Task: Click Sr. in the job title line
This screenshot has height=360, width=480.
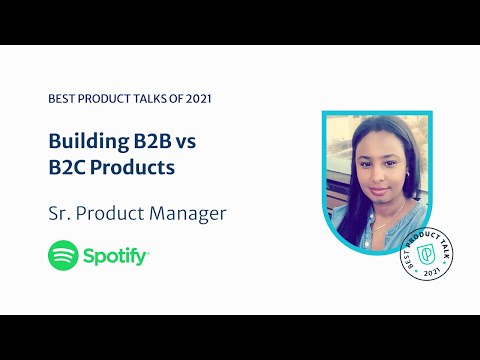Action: [x=61, y=213]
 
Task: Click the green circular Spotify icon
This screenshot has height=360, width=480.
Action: [x=64, y=256]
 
